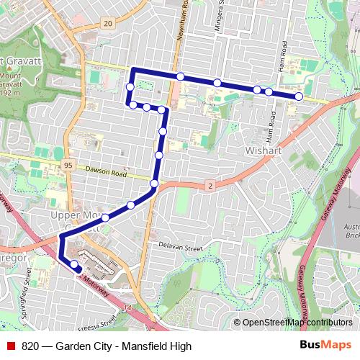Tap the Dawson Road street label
click(x=106, y=174)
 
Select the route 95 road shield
click(x=68, y=166)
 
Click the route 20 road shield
click(x=107, y=24)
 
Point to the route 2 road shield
click(x=210, y=186)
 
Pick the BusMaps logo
click(x=325, y=346)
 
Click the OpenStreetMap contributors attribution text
click(x=297, y=323)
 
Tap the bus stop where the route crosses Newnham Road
click(x=181, y=76)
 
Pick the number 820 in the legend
click(x=30, y=346)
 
